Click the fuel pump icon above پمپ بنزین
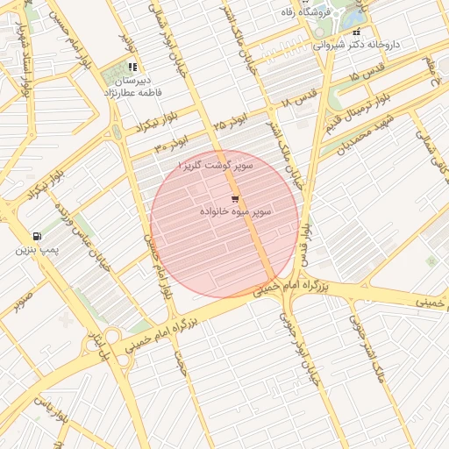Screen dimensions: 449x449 pos(36,236)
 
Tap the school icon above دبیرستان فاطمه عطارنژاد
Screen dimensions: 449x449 pos(132,66)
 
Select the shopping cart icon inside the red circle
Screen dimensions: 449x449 pos(234,199)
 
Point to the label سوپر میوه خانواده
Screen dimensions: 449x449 pos(235,212)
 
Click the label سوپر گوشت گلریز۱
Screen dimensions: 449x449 pos(215,165)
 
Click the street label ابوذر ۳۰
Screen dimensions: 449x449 pos(173,143)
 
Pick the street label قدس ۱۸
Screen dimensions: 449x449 pos(296,103)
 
